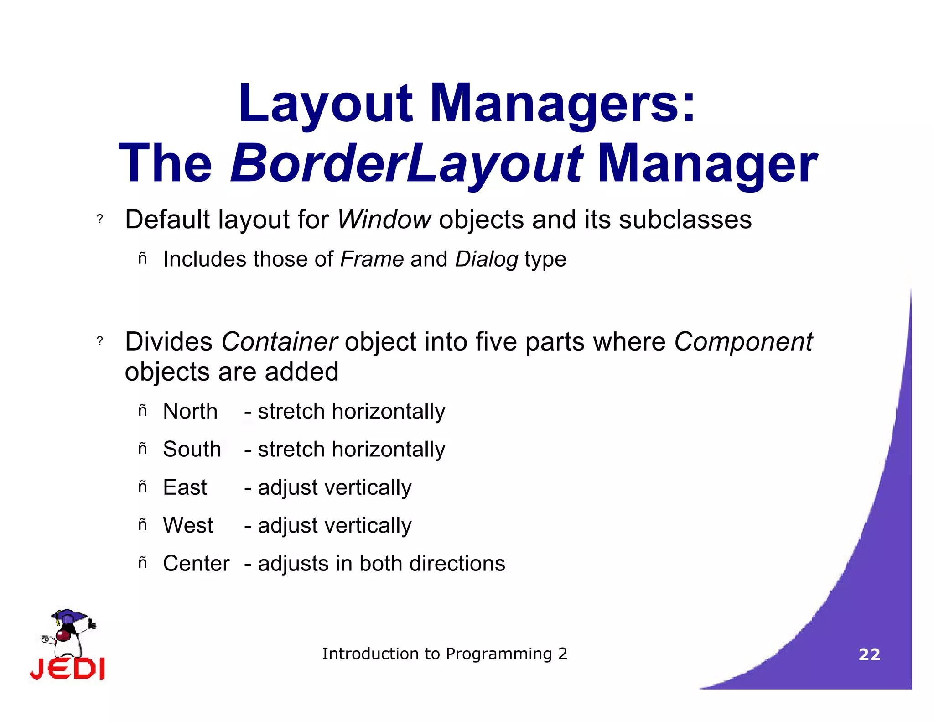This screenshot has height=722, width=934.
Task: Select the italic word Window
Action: click(384, 220)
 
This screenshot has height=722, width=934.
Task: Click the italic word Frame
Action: click(372, 259)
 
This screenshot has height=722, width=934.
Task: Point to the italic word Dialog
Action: click(487, 260)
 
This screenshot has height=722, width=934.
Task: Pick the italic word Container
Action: click(279, 341)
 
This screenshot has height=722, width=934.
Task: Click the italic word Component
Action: click(743, 342)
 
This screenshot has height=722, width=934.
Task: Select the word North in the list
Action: click(190, 411)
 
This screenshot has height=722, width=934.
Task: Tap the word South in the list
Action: click(192, 449)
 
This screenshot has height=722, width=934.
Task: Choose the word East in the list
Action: click(185, 487)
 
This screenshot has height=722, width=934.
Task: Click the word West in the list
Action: click(188, 525)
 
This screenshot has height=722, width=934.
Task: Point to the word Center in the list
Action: click(196, 564)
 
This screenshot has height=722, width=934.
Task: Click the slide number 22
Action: click(869, 654)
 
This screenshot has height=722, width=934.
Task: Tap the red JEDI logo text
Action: click(67, 669)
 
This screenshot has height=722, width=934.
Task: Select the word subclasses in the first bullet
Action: click(685, 220)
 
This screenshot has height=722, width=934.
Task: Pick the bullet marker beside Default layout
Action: click(100, 220)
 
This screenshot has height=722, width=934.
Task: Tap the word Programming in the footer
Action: click(499, 654)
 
